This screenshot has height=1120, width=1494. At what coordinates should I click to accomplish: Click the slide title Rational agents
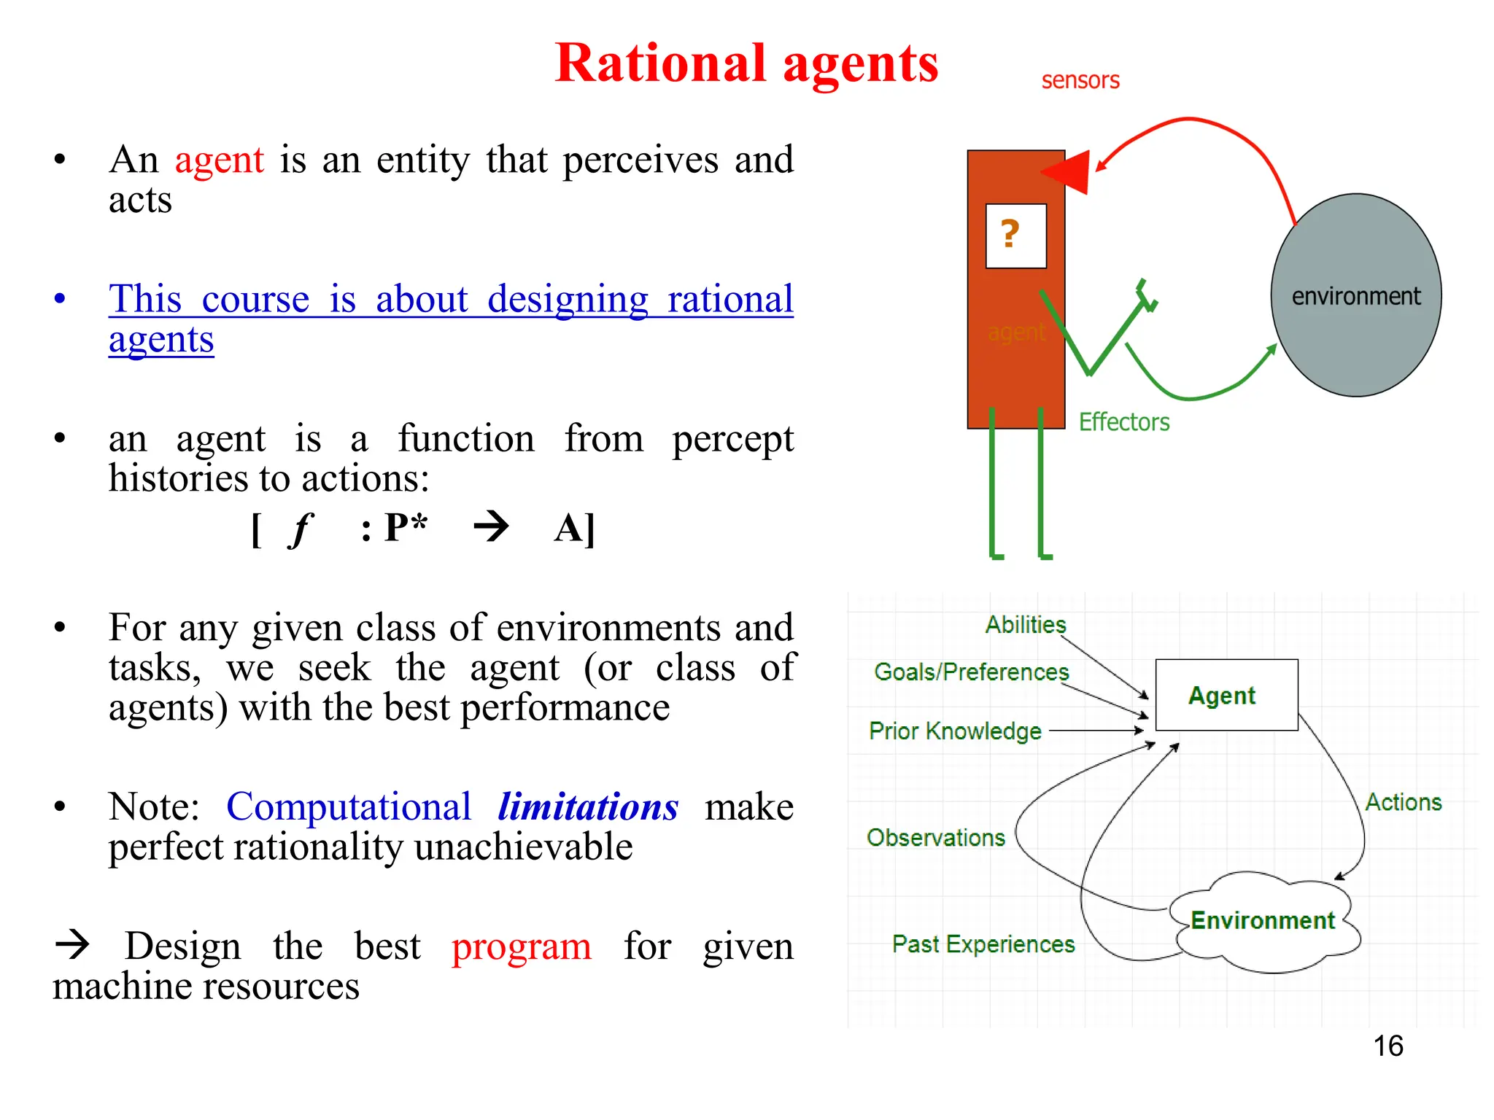tap(746, 63)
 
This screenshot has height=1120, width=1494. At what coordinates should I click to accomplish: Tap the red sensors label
tap(1080, 80)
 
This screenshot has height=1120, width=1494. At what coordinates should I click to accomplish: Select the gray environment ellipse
tap(1355, 295)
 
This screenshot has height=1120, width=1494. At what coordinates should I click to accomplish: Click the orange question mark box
tap(1015, 236)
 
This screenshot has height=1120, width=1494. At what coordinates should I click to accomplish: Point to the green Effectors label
tap(1123, 422)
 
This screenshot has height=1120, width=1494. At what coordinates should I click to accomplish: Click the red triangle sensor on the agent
tap(1068, 172)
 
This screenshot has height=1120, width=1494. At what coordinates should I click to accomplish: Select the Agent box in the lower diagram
tap(1226, 695)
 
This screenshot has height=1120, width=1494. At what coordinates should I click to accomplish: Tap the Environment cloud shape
tap(1263, 921)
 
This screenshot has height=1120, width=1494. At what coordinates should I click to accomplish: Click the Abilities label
tap(1026, 625)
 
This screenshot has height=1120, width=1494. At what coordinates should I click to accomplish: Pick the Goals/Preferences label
tap(971, 672)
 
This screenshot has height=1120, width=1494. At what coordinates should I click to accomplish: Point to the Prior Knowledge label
tap(955, 731)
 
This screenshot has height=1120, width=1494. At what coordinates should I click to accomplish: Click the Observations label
tap(935, 838)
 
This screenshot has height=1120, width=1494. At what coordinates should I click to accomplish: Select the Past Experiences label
tap(983, 944)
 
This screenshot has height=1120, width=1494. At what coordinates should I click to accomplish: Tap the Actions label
tap(1403, 802)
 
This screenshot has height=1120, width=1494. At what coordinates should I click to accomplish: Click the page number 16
tap(1387, 1046)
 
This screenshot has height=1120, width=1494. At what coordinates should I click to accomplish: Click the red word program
tap(521, 946)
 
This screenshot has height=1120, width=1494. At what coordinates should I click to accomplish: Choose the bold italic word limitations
tap(588, 807)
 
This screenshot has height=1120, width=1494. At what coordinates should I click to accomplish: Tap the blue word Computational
tap(349, 807)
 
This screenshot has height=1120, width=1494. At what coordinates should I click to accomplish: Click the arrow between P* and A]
tap(491, 526)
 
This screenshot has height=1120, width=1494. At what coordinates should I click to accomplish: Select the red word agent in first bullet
tap(219, 160)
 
